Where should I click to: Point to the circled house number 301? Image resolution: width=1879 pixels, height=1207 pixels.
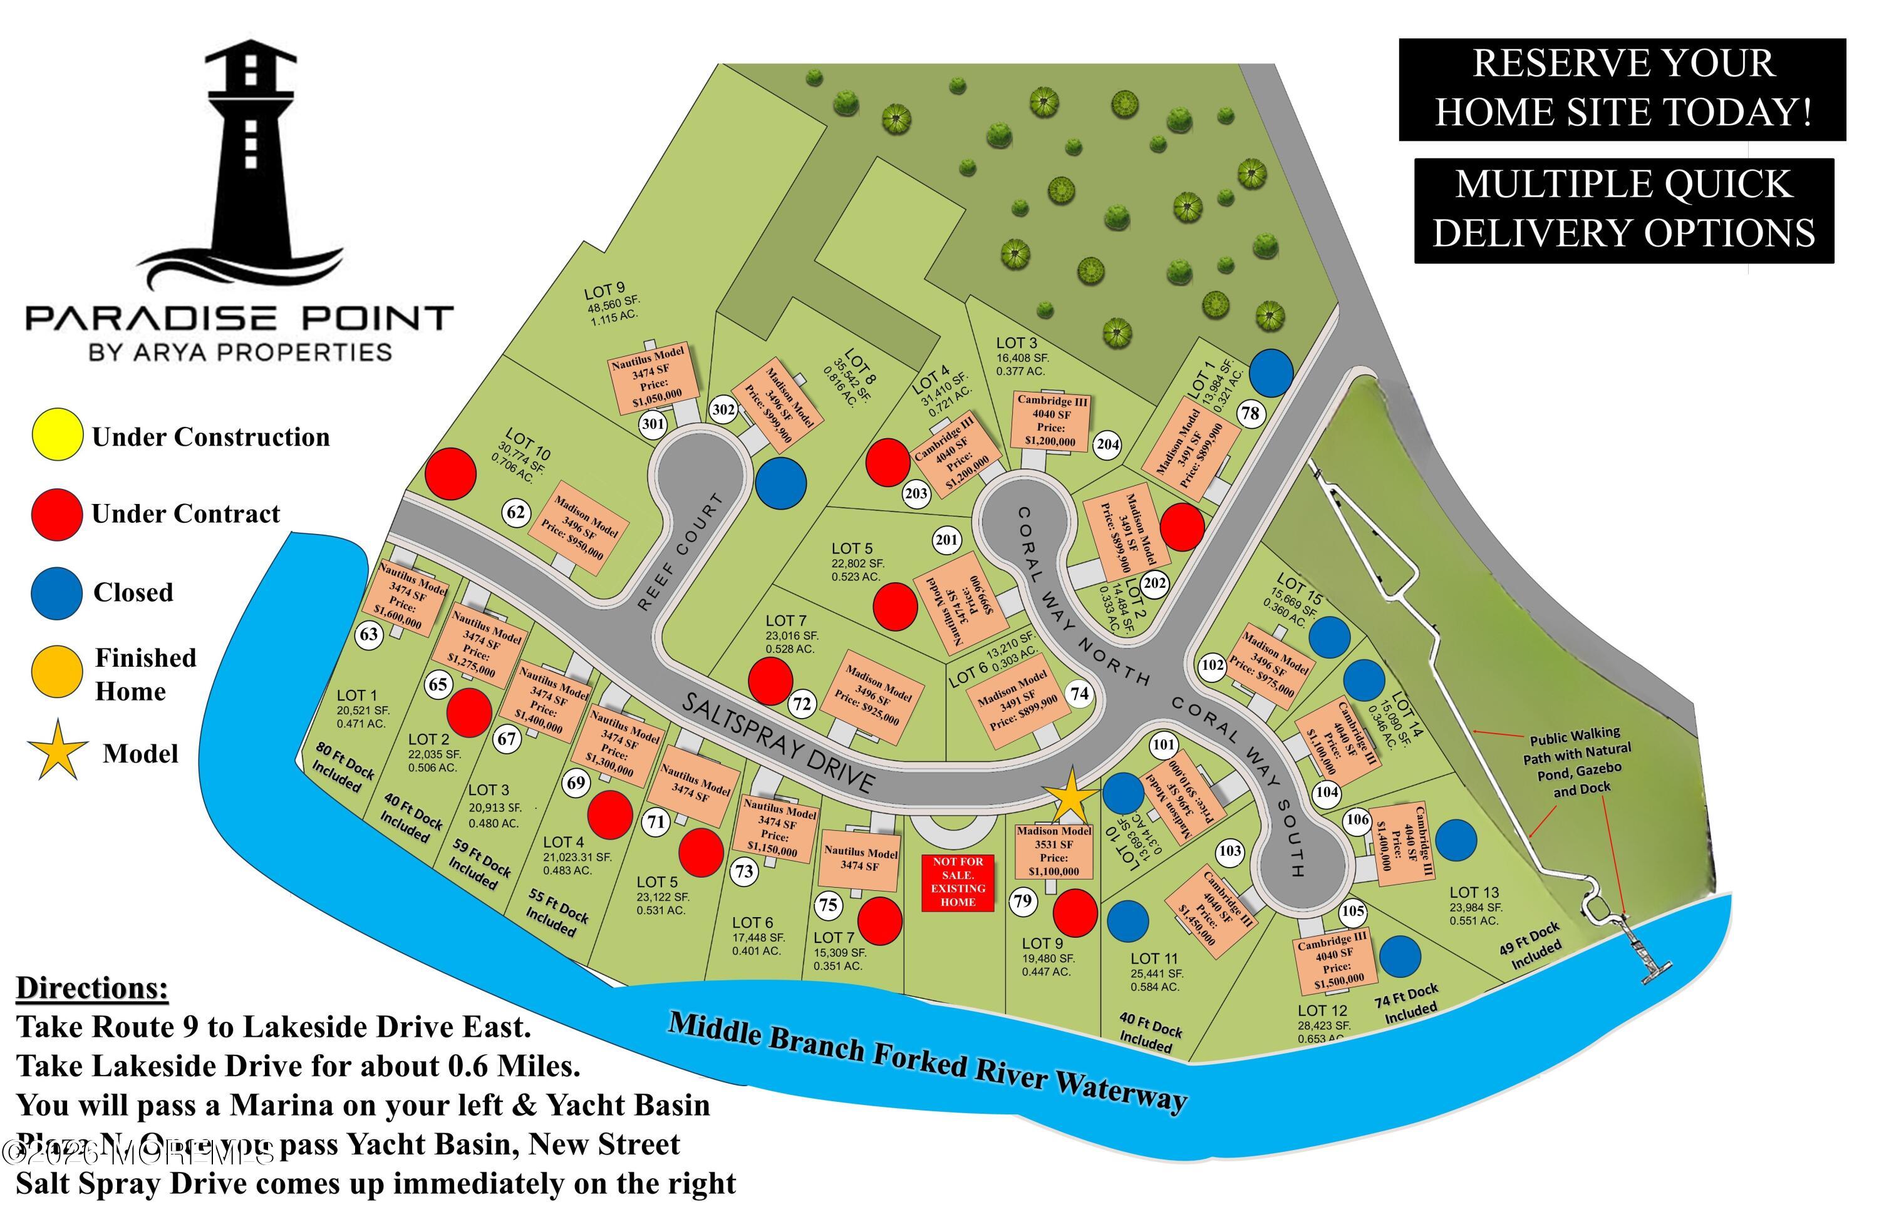tap(652, 424)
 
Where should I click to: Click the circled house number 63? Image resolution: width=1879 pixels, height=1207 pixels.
tap(368, 634)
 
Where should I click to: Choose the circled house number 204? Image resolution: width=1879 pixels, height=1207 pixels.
tap(1107, 444)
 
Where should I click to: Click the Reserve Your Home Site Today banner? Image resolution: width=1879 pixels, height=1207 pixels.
tap(1622, 88)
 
